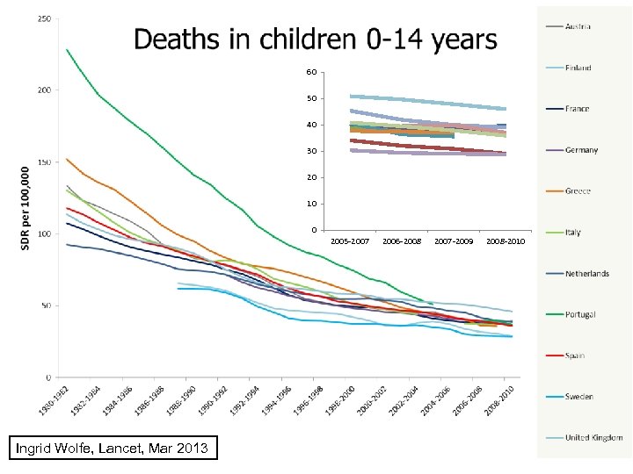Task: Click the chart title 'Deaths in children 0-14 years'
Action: coord(314,39)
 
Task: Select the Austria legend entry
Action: coord(578,26)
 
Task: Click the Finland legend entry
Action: coord(578,68)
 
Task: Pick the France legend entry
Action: coord(577,109)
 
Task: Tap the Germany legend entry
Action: coord(581,150)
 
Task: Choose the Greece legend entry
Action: coord(578,191)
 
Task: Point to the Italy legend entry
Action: coord(572,233)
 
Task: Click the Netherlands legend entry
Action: coord(586,274)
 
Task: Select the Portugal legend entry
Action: coord(580,314)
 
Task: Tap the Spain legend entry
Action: coord(575,355)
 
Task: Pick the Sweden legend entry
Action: coord(578,397)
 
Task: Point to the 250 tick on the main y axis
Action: coord(43,18)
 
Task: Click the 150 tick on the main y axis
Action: coord(43,162)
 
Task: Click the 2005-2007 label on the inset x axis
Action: coord(349,240)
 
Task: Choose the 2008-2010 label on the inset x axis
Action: coord(505,240)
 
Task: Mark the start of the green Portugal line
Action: coord(67,50)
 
